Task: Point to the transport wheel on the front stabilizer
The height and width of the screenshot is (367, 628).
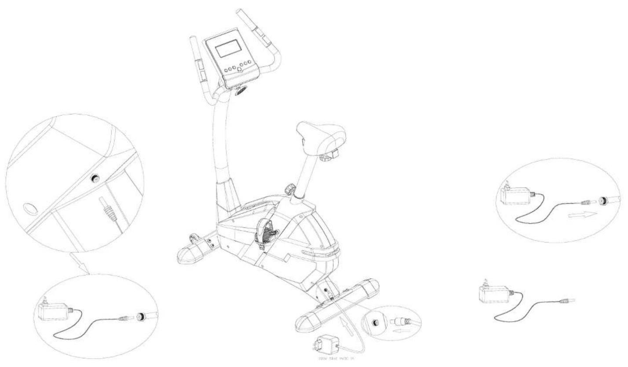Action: [193, 240]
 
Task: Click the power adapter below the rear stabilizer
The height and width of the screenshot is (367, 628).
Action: [326, 343]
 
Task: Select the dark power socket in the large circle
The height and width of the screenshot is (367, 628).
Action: [94, 178]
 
